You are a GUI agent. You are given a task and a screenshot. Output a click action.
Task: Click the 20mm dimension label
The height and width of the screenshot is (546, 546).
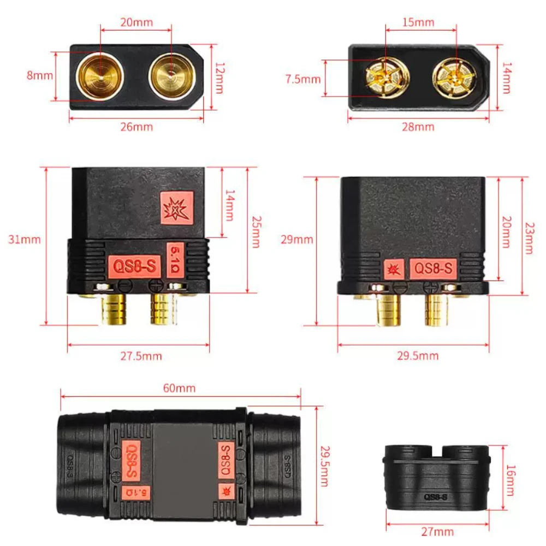136,22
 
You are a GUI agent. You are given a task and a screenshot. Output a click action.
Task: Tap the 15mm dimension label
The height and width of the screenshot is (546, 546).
418,22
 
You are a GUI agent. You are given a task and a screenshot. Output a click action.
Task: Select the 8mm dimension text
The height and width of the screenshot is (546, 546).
40,75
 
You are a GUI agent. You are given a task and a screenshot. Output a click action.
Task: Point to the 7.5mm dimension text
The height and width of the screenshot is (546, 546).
303,79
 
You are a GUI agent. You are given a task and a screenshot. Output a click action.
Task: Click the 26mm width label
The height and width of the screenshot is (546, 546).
136,127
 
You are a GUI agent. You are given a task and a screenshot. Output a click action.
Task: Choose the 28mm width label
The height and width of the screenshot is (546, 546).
418,127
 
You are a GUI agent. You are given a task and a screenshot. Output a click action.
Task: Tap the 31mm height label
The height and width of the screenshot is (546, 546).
25,240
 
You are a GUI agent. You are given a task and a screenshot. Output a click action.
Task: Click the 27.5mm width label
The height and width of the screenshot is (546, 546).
141,356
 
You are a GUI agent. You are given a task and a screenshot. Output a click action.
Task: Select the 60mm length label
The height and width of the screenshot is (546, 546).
179,388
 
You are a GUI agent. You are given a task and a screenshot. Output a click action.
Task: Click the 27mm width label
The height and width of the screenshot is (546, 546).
437,532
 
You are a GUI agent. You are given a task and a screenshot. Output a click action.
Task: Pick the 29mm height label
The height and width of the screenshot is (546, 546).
297,240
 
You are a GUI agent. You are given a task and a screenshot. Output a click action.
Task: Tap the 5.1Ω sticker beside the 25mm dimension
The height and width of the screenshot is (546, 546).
175,260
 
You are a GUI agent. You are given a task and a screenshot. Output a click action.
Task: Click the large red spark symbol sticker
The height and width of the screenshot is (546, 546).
177,208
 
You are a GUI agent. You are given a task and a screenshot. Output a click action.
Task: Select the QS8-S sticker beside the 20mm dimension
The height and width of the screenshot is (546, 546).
433,269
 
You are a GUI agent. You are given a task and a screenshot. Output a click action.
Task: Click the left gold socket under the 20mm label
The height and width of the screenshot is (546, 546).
100,76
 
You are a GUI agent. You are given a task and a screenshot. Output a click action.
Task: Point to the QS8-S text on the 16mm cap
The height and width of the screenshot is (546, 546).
436,497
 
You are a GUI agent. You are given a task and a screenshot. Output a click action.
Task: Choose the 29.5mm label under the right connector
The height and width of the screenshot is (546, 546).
418,356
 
